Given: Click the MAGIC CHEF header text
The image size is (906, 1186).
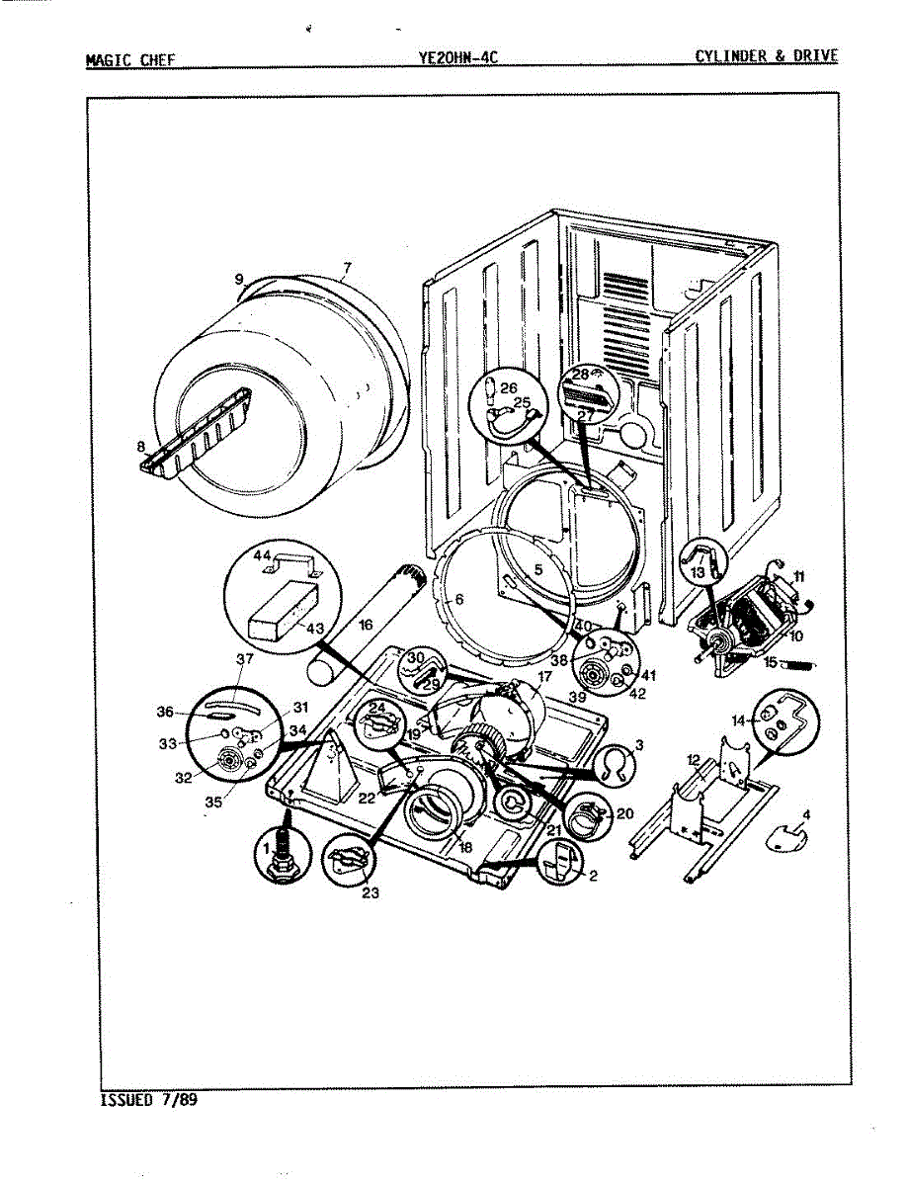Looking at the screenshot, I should (x=130, y=58).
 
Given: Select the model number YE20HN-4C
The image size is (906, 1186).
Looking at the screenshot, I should (x=456, y=57).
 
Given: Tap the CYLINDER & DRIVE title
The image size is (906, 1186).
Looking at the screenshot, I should (x=766, y=56).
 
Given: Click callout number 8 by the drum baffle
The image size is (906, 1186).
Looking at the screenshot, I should (x=142, y=446).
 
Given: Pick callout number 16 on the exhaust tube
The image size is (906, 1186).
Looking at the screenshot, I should (x=365, y=626).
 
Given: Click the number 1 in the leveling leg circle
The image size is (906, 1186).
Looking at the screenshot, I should (x=265, y=848).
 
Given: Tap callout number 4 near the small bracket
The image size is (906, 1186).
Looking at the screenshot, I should (x=806, y=815).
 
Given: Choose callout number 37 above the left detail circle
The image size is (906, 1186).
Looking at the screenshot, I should (x=244, y=659).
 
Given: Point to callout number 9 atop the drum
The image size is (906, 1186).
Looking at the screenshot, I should (x=239, y=280).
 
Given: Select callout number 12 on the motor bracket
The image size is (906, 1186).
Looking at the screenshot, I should (x=694, y=761).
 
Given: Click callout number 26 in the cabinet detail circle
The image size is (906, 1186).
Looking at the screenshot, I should (x=508, y=388).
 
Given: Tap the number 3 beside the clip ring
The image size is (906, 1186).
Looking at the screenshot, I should (x=638, y=744).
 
